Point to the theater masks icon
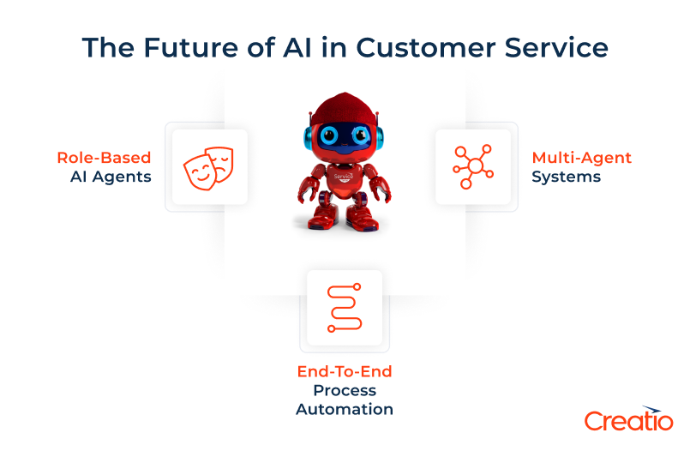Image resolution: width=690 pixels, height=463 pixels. tap(209, 166)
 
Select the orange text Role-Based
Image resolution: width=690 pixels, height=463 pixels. tap(104, 158)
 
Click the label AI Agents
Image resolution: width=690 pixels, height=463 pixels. tap(111, 177)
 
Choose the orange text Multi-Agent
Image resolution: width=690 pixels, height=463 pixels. tap(581, 158)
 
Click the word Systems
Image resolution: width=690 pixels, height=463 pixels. tap(566, 177)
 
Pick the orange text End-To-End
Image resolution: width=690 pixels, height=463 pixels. tap(344, 372)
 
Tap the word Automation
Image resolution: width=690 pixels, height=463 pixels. tap(344, 410)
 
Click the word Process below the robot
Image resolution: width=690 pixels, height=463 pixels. tap(344, 391)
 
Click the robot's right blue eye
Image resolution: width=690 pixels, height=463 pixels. tap(361, 136)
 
